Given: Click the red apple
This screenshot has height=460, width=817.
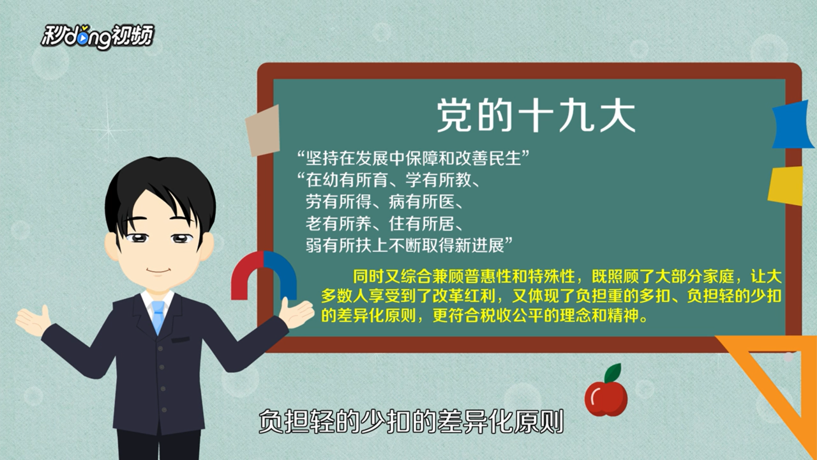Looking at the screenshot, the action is (606, 398).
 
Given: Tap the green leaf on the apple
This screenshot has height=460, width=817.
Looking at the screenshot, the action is (613, 372).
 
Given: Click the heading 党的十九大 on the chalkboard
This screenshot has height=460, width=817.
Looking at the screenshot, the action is (537, 116).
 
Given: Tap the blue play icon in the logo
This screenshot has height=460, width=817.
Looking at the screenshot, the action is (84, 39).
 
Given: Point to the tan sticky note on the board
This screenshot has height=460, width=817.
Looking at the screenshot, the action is (263, 131).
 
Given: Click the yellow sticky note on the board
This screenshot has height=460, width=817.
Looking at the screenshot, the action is (786, 185).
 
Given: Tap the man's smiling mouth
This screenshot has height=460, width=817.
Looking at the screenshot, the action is (159, 271).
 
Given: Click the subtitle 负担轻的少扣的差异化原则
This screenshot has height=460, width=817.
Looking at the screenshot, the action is (411, 422).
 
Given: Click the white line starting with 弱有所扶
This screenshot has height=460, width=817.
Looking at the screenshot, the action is (409, 245).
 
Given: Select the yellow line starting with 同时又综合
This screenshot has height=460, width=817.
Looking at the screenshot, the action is (567, 277).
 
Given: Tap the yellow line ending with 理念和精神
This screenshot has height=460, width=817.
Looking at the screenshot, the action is (484, 316).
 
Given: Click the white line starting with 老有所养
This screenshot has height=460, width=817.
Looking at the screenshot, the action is (384, 224).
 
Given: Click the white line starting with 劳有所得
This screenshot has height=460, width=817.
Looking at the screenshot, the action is (384, 202).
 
